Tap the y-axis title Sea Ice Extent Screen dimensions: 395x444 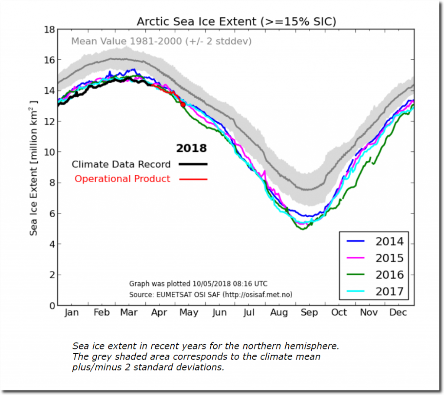[34, 168]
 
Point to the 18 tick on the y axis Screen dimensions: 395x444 [49, 29]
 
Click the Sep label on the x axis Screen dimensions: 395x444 [309, 313]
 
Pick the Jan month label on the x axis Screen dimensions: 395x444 [72, 313]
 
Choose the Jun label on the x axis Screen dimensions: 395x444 [219, 313]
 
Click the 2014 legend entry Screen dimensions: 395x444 [389, 242]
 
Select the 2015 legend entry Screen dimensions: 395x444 [389, 258]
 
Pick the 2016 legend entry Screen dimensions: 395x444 [389, 275]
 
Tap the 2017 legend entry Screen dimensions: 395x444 [389, 291]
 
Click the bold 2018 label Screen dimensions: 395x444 [191, 149]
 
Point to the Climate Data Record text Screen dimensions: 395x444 [121, 164]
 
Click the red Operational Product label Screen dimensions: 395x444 [122, 179]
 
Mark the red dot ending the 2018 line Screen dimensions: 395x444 [183, 104]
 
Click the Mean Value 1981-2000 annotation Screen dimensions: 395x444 [161, 42]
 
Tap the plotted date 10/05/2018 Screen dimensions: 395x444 [212, 284]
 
